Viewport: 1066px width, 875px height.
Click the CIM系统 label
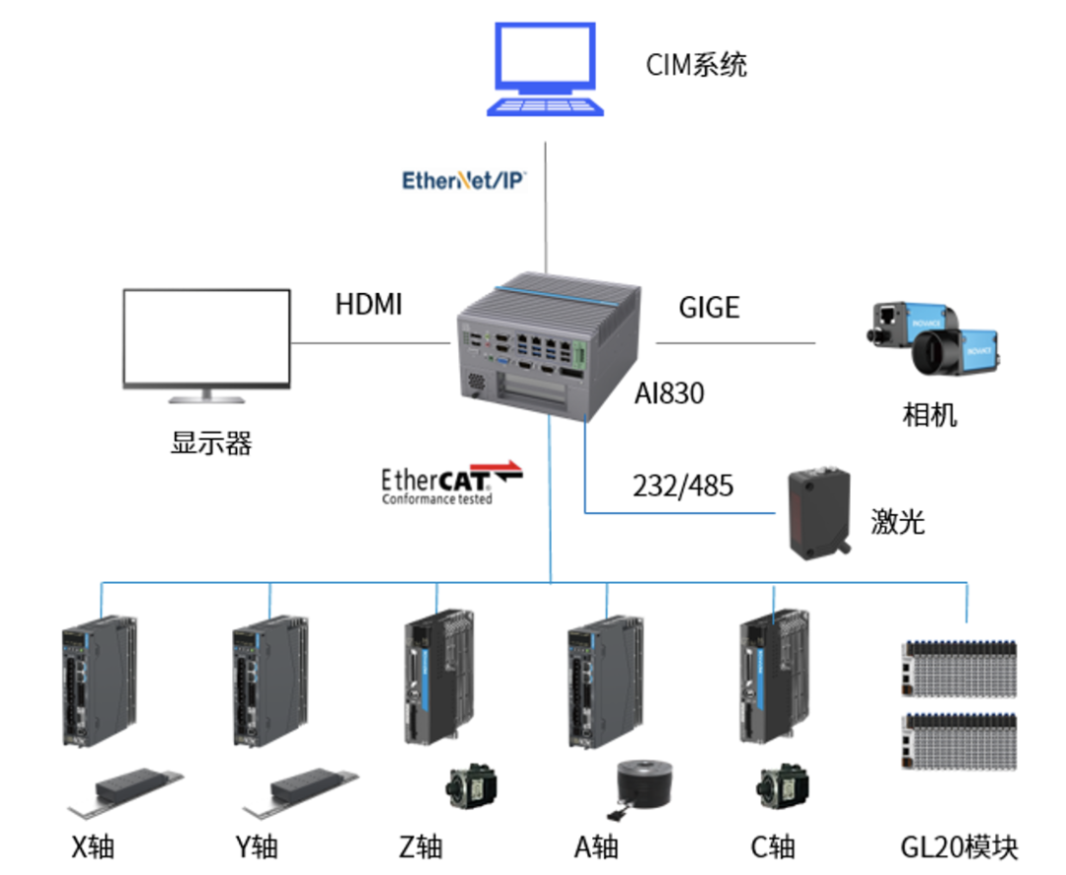(x=697, y=65)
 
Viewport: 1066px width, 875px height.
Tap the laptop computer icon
(x=545, y=69)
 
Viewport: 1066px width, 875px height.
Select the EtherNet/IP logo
(x=464, y=181)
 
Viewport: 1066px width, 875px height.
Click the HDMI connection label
(x=368, y=305)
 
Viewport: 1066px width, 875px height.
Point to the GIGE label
(x=709, y=308)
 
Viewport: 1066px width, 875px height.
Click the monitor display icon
(x=206, y=345)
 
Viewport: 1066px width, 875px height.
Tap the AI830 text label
(x=669, y=394)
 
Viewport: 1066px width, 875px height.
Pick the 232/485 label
(x=683, y=485)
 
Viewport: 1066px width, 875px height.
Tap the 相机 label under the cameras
(x=930, y=414)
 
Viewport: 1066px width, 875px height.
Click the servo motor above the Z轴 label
(x=470, y=786)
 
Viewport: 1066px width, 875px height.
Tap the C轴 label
(x=772, y=846)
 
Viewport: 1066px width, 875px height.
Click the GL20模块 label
(x=958, y=846)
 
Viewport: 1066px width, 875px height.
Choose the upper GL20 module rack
(x=958, y=669)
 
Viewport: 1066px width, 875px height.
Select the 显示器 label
(x=211, y=443)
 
